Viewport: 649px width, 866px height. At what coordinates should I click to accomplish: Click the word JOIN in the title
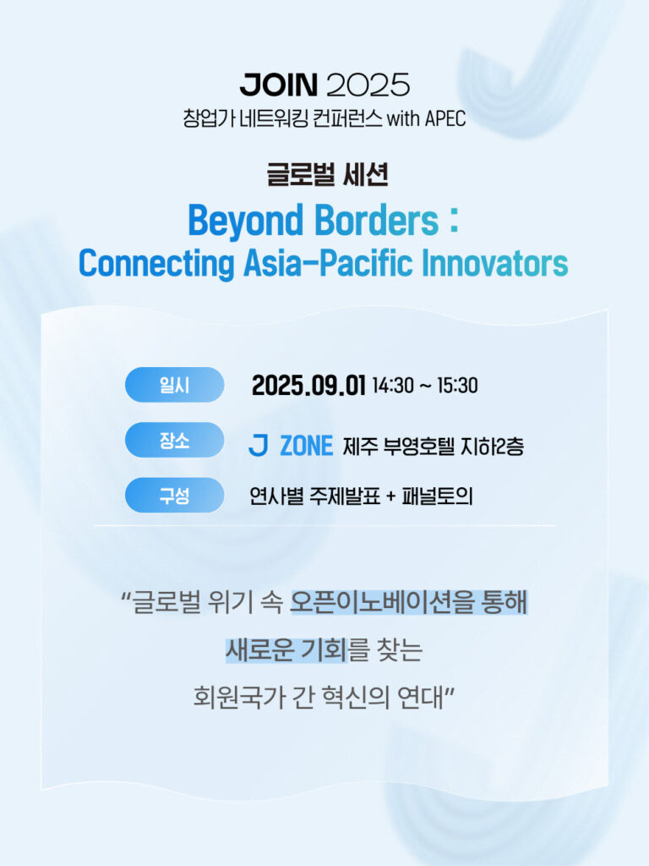(x=279, y=85)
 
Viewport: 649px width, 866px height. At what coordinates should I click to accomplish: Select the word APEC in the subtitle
(x=445, y=118)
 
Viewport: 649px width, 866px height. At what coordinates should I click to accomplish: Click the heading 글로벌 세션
(x=327, y=174)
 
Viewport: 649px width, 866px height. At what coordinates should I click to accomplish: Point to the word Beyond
(x=246, y=221)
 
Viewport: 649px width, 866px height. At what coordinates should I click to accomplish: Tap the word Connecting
(x=156, y=264)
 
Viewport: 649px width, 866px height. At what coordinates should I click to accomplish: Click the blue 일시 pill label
(x=174, y=385)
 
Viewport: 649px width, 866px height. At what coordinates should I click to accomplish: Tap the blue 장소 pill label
(x=174, y=440)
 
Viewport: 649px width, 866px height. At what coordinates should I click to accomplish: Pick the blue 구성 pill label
(x=174, y=495)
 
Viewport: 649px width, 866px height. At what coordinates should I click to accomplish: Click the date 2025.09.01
(x=308, y=385)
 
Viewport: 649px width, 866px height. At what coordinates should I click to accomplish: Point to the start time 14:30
(x=393, y=386)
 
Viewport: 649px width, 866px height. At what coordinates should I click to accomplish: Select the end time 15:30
(x=457, y=386)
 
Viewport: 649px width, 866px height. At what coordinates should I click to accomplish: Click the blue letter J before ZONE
(x=259, y=445)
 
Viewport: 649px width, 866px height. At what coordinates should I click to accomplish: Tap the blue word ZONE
(x=307, y=446)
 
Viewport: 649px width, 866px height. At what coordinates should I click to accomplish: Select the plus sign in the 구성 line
(x=390, y=496)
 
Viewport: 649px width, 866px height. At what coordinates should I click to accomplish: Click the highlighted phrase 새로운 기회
(x=286, y=649)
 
